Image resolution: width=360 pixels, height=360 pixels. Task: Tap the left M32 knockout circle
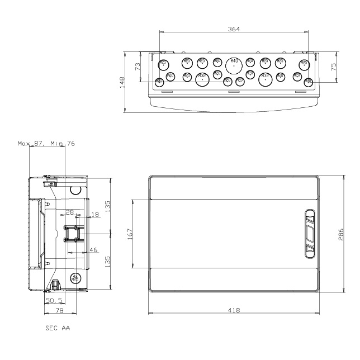pos(202,79)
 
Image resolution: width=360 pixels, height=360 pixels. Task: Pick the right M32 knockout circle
pos(265,79)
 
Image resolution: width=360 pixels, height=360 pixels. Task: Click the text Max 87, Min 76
pos(46,144)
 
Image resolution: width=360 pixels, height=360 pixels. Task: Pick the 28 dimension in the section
pos(70,212)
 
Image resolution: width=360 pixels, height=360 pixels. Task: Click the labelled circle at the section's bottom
pos(74,278)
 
